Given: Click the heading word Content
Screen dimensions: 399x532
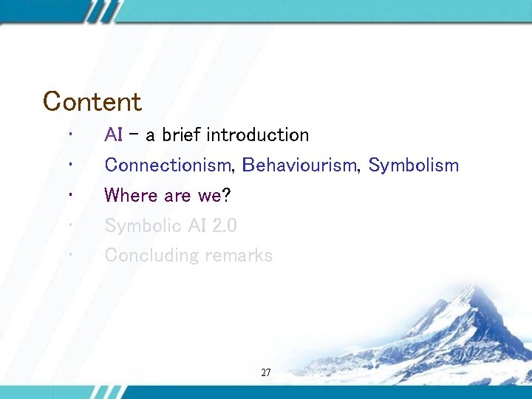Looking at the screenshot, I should (92, 101).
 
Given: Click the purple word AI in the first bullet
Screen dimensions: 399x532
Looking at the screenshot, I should (114, 135).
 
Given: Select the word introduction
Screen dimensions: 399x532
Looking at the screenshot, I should (258, 135).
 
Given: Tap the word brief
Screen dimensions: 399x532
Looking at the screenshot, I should (182, 135).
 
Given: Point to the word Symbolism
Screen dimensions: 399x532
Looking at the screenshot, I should (414, 166).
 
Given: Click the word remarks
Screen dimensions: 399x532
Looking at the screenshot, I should (239, 256).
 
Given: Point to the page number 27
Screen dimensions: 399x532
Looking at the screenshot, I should (266, 373).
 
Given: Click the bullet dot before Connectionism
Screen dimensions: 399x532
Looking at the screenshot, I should (67, 165).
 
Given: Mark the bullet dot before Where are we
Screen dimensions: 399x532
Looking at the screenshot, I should (67, 195).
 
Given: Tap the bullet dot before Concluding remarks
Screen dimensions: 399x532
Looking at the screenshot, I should (67, 255).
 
